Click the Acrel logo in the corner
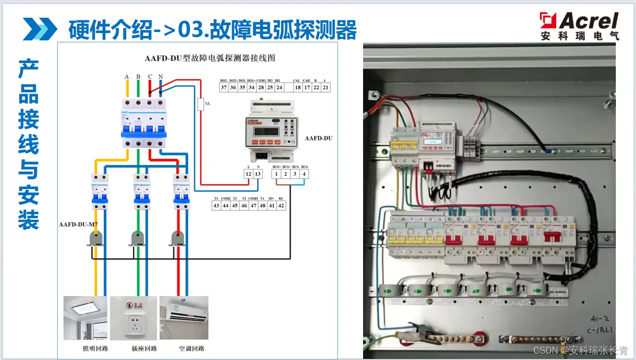(579, 26)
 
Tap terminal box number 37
(224, 87)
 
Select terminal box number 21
(325, 87)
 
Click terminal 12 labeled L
(248, 174)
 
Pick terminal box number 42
(281, 206)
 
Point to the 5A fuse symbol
(201, 104)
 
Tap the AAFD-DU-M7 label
(78, 225)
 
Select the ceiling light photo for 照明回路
(85, 318)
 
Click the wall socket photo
(134, 318)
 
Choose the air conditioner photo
(183, 318)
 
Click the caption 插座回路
(144, 349)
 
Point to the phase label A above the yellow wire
(127, 77)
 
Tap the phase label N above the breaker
(161, 77)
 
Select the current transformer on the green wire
(138, 239)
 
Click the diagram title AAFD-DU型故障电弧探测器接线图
(210, 58)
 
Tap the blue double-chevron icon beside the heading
(40, 29)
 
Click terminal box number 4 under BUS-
(304, 174)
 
